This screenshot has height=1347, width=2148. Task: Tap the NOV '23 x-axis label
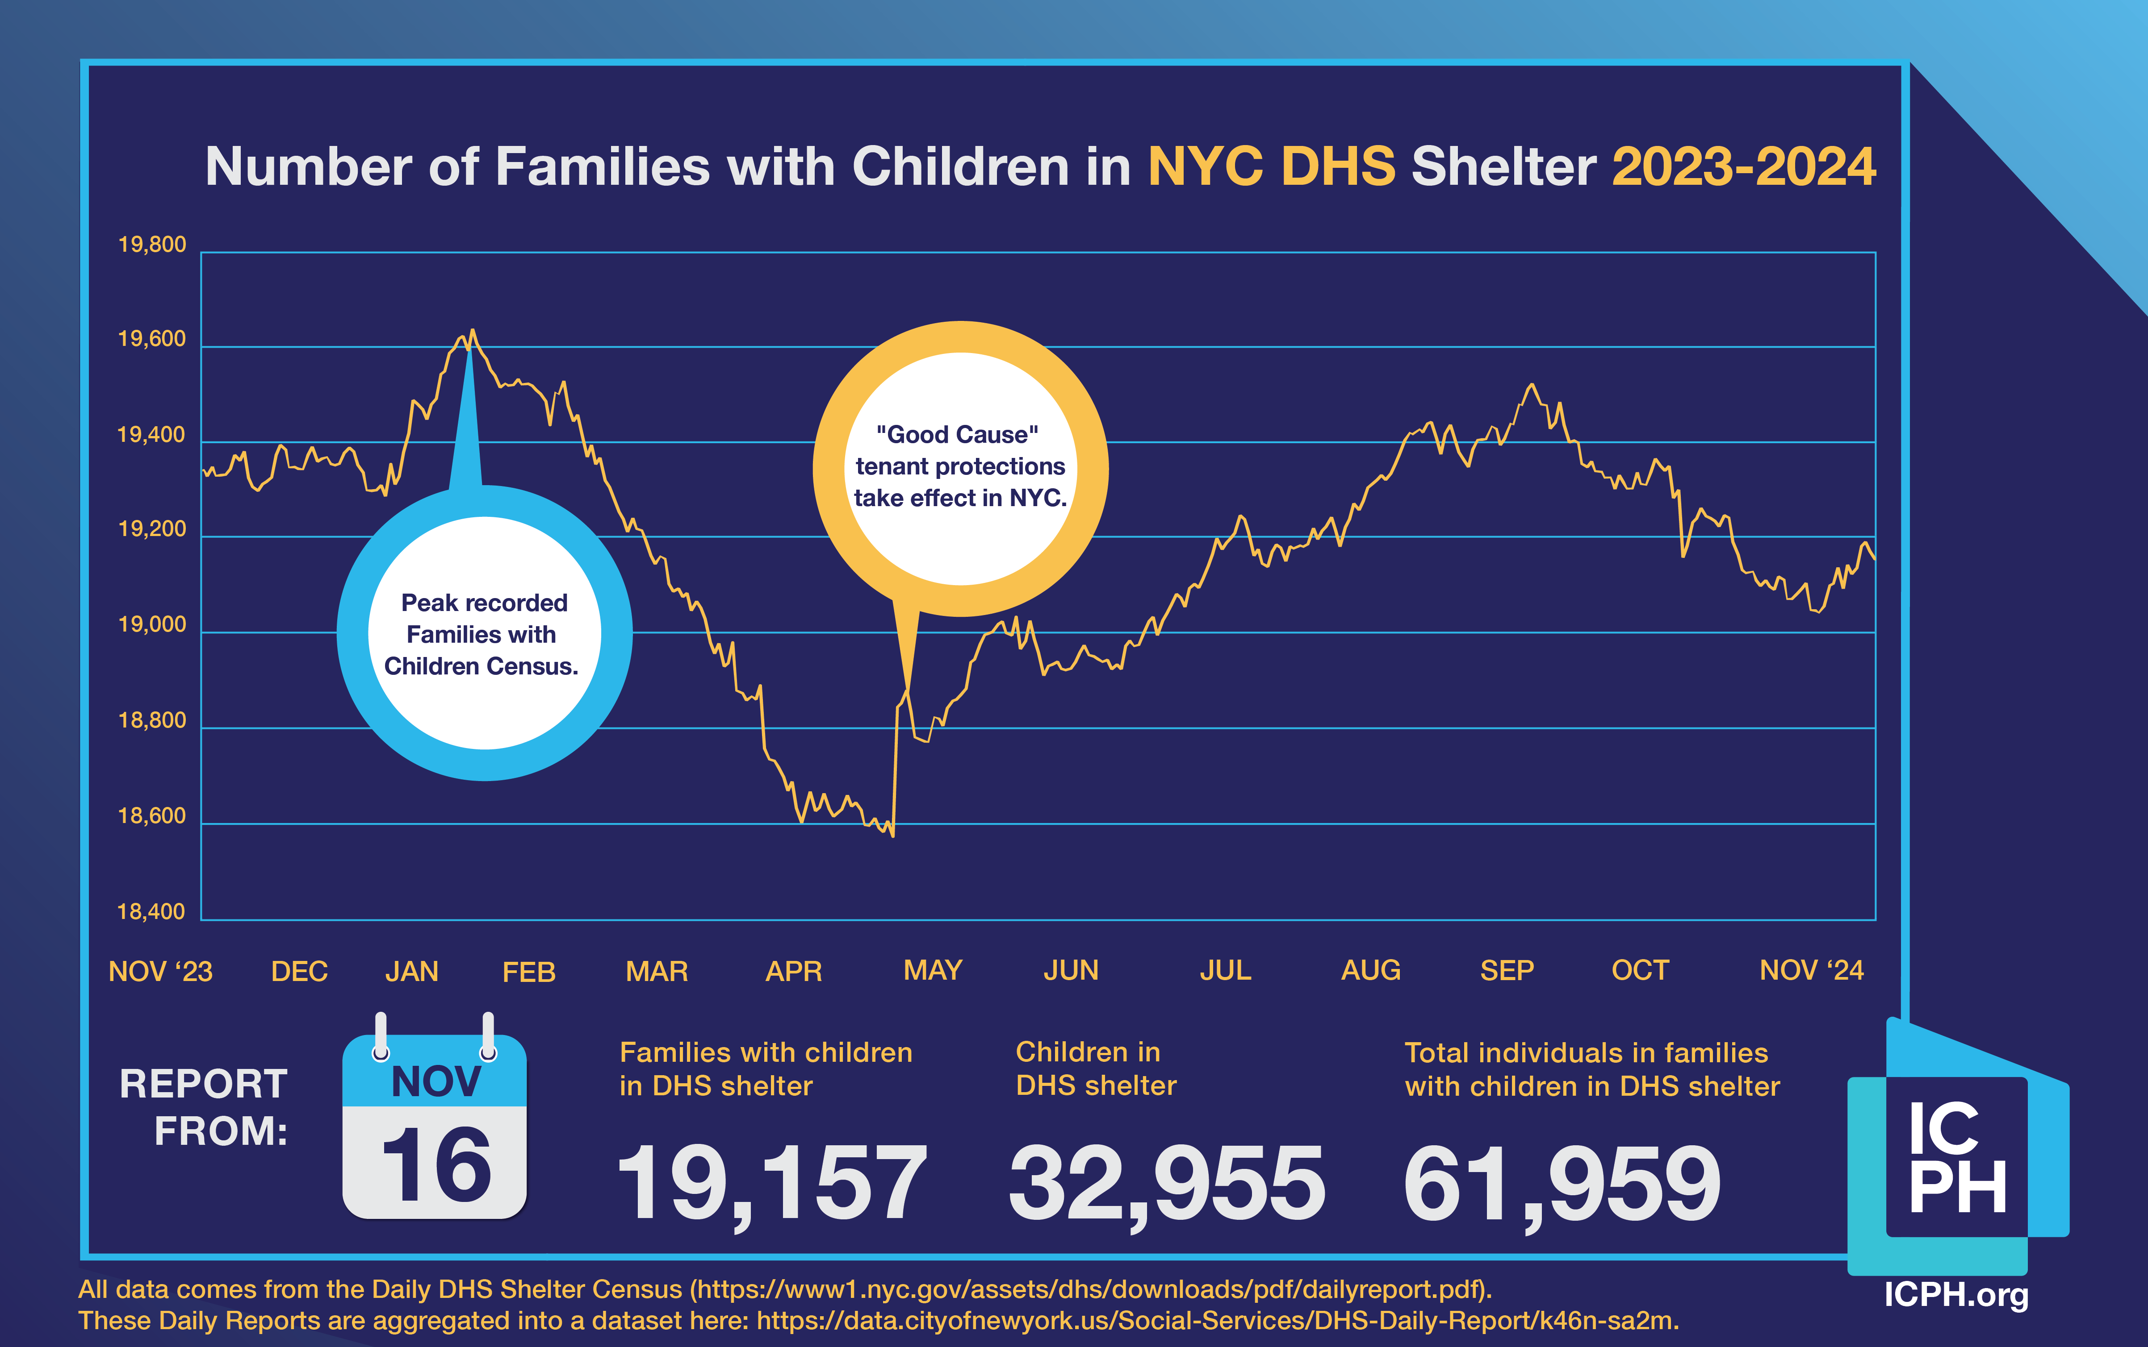point(160,971)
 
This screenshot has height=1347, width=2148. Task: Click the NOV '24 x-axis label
point(1811,970)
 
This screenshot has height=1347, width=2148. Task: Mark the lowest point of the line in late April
point(892,835)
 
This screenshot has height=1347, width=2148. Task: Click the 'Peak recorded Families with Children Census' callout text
point(484,634)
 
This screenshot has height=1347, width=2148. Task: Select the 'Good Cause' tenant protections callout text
point(960,466)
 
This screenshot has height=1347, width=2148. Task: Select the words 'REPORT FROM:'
point(204,1107)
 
